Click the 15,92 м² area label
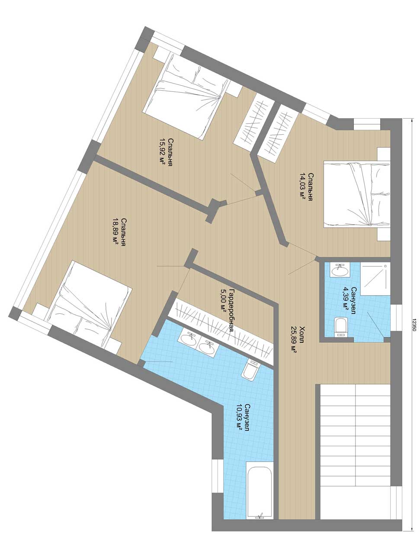click(x=162, y=152)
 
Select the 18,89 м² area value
click(x=115, y=232)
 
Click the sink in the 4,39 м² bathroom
click(x=339, y=270)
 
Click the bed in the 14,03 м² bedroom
click(x=356, y=194)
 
